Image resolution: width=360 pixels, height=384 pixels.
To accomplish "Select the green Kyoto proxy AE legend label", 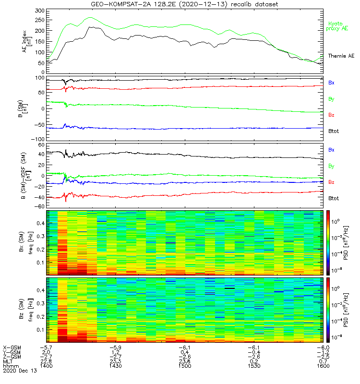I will (338, 26).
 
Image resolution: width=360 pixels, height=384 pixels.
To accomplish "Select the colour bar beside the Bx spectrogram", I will (328, 242).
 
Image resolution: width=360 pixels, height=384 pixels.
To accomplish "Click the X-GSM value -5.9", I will (115, 347).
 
